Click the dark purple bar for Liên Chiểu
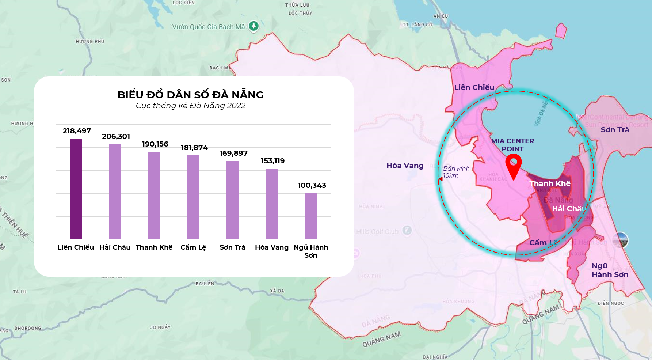[76, 189]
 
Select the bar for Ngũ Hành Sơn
[311, 216]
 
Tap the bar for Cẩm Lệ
[193, 197]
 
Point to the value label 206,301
[116, 136]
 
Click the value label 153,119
[272, 161]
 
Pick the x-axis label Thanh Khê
[154, 247]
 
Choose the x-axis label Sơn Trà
[232, 247]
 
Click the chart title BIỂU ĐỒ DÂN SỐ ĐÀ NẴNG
[190, 95]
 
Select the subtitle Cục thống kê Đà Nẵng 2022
[190, 106]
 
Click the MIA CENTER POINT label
[512, 145]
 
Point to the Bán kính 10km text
[456, 172]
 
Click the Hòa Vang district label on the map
[405, 166]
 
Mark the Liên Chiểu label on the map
[474, 87]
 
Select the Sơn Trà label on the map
[615, 130]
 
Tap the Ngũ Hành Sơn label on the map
[610, 270]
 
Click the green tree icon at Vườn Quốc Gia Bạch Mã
[253, 26]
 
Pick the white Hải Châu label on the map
[569, 209]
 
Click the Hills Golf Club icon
[407, 230]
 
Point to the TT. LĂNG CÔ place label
[417, 25]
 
